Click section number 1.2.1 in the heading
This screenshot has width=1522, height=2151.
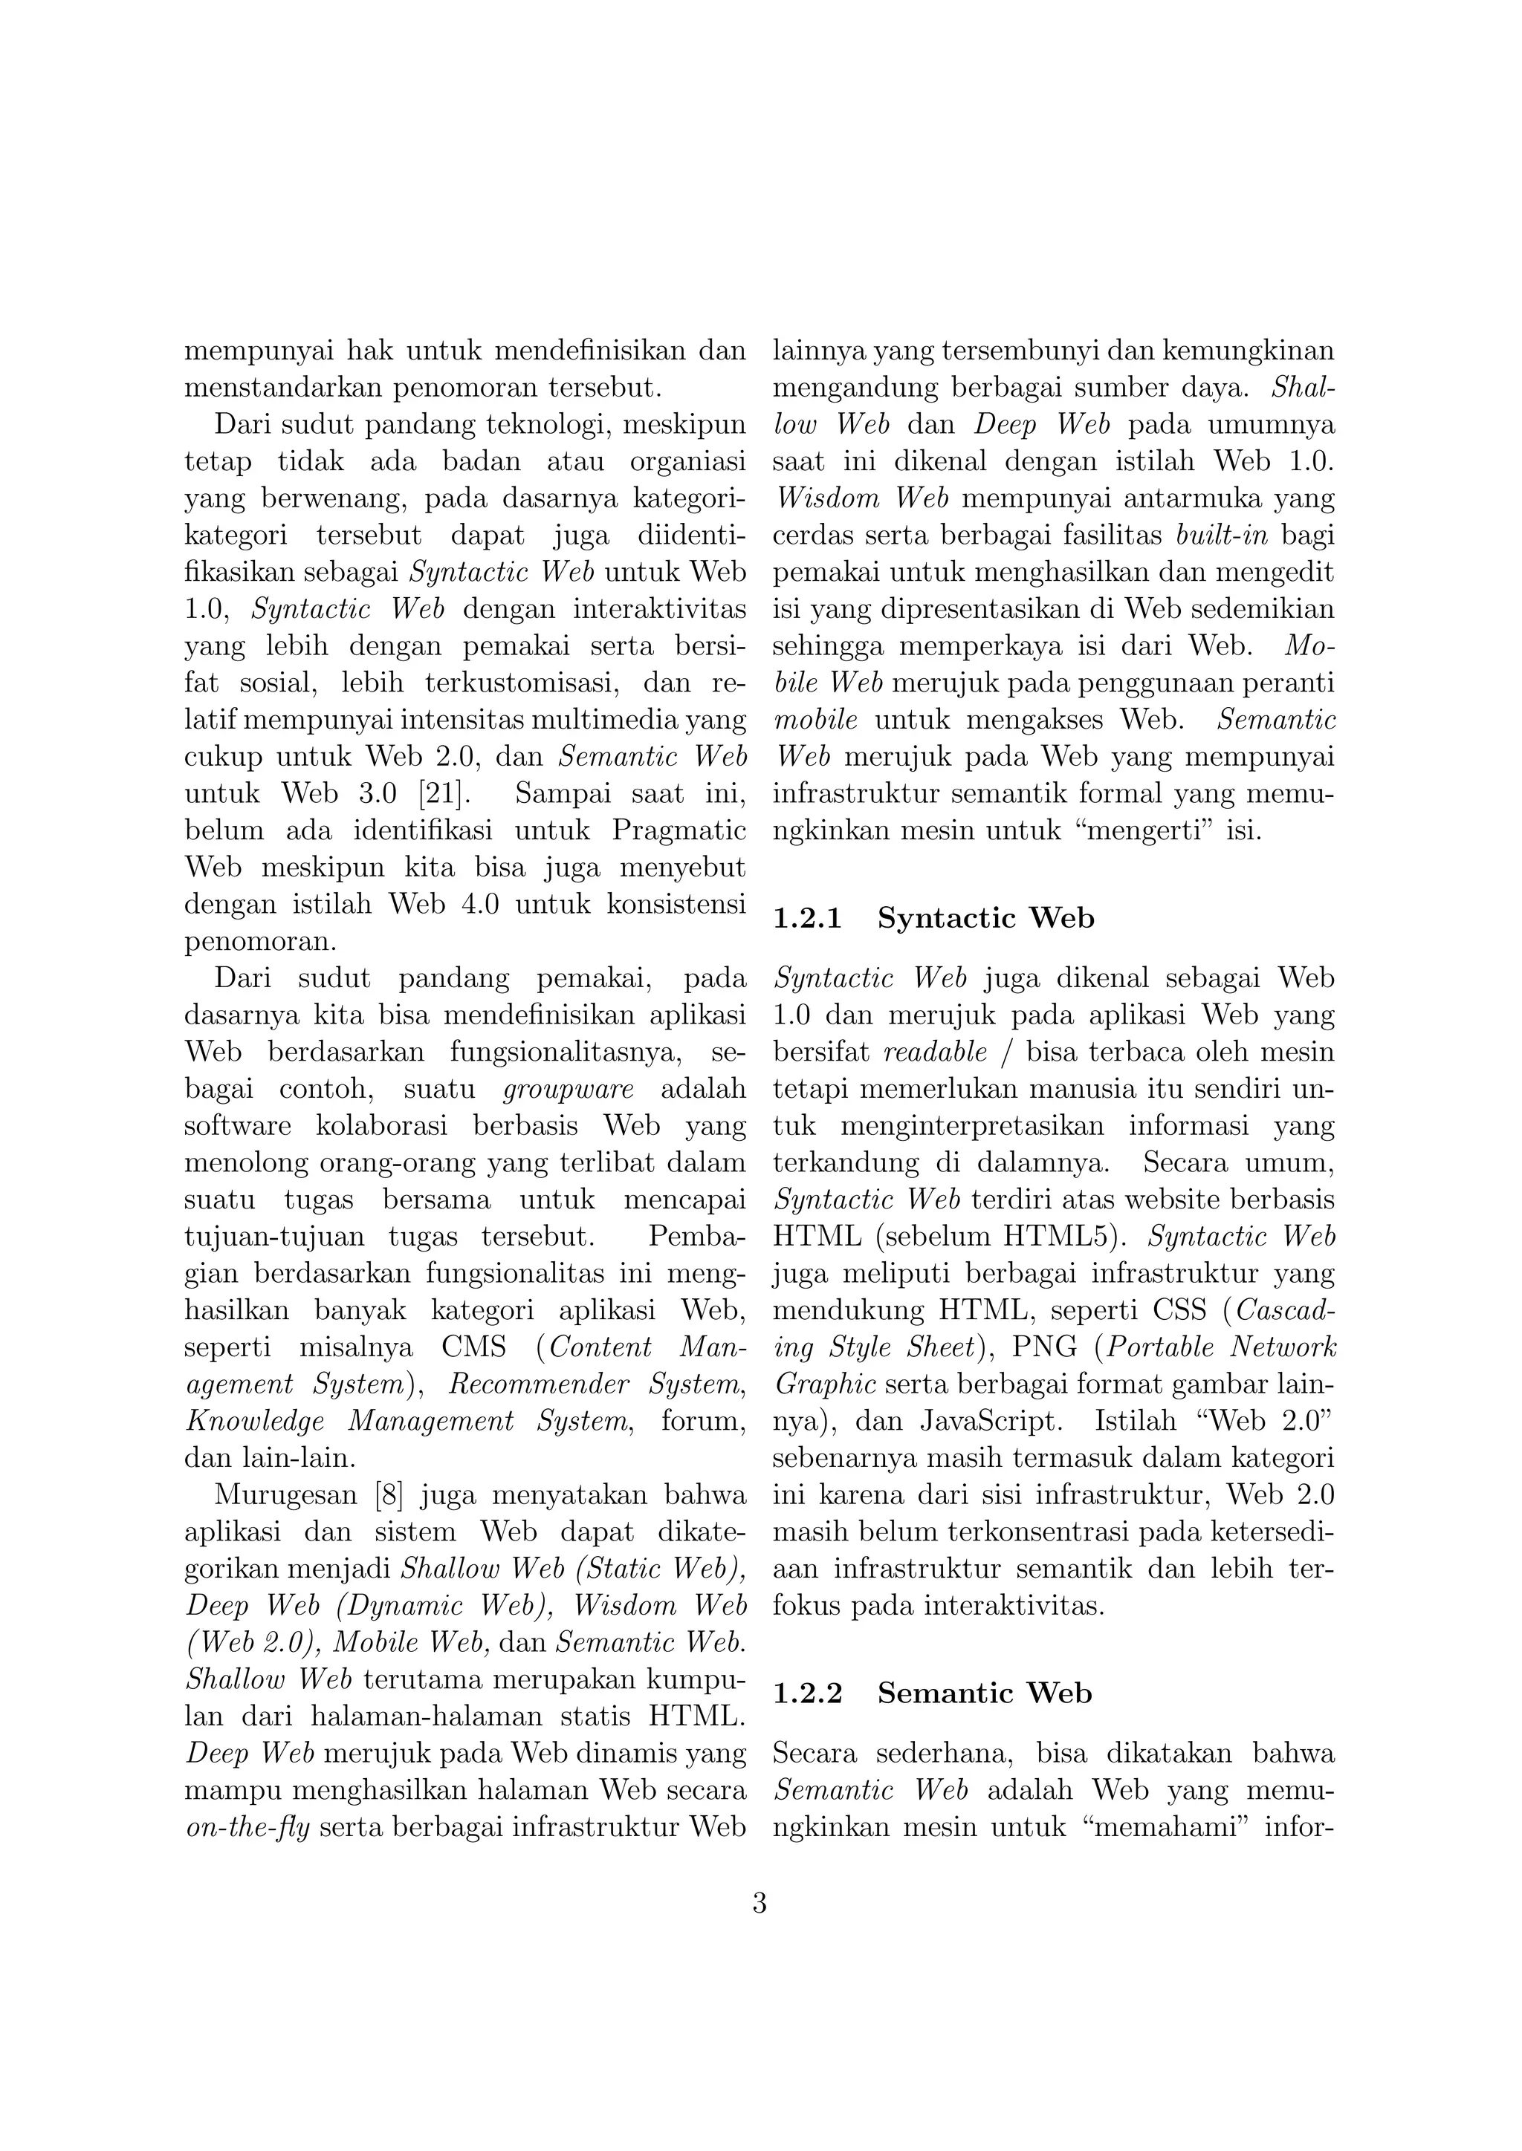tap(807, 918)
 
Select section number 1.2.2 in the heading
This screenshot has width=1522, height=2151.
tap(807, 1693)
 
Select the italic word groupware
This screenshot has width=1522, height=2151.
tap(569, 1090)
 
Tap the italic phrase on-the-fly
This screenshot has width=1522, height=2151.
tap(247, 1828)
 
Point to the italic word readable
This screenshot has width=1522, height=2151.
tap(936, 1052)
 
